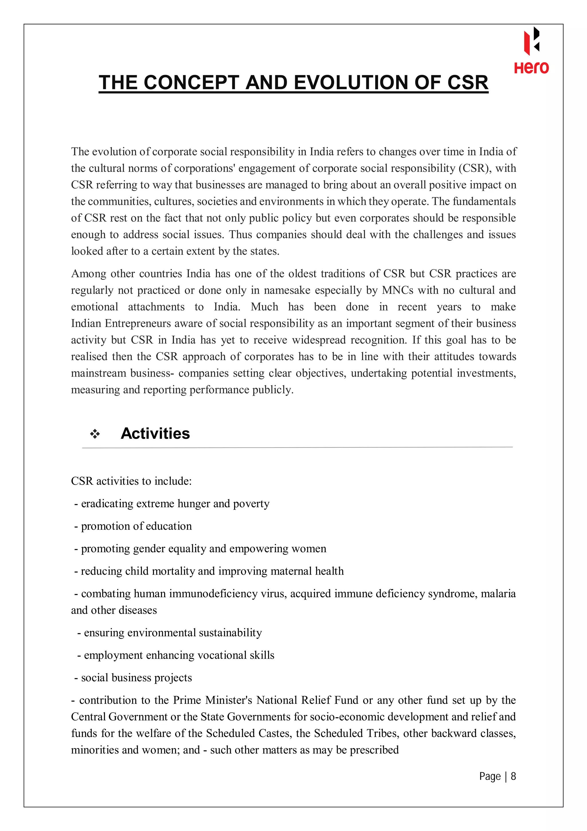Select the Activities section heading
click(155, 433)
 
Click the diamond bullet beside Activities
click(95, 434)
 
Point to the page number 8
click(513, 776)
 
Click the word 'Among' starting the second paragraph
click(89, 274)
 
